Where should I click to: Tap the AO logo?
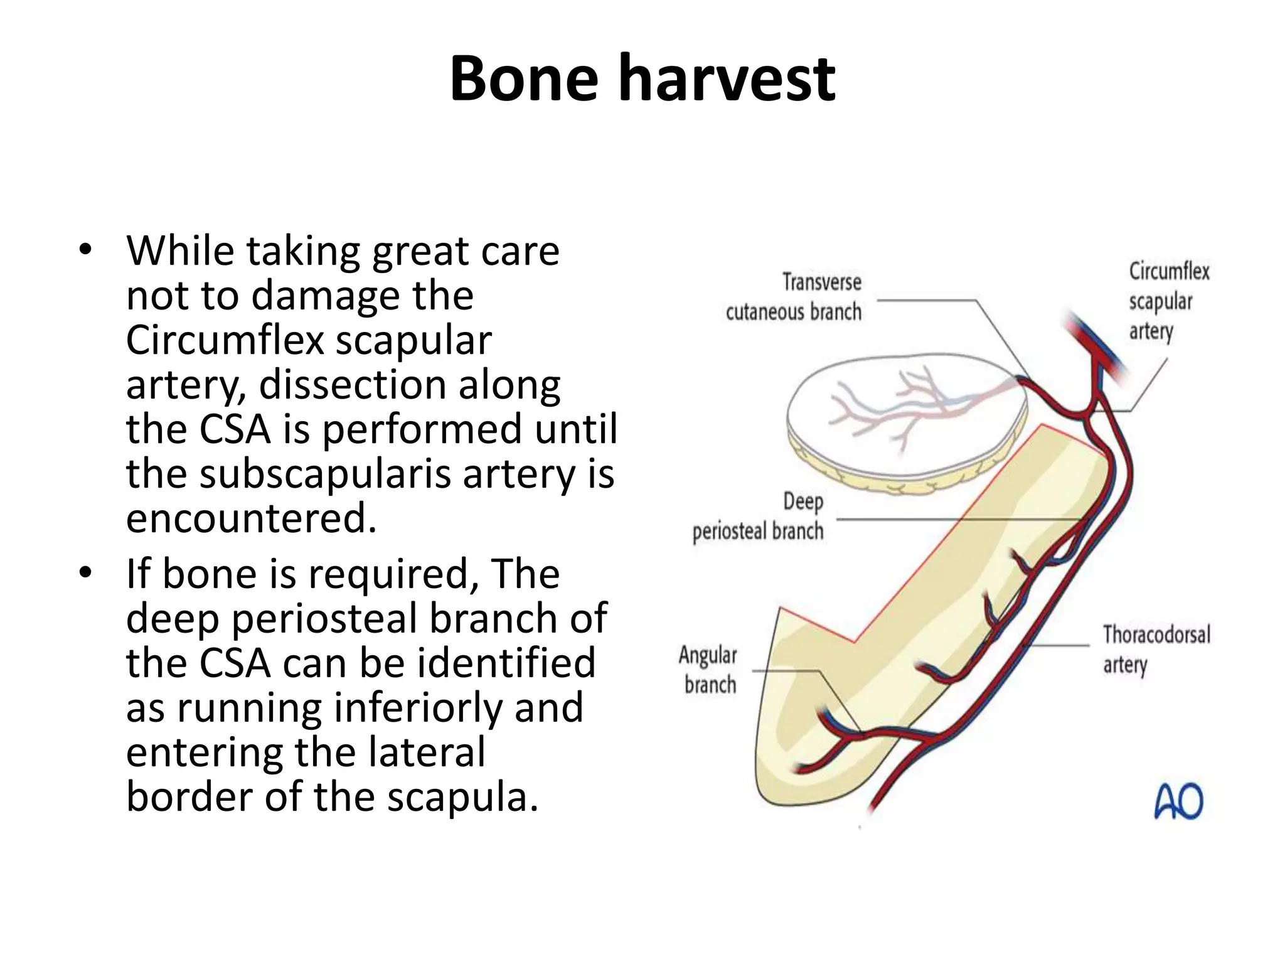click(x=1178, y=801)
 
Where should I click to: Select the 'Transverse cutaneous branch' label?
click(x=794, y=297)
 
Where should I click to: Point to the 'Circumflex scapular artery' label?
click(x=1168, y=301)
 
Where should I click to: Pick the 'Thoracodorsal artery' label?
click(x=1156, y=649)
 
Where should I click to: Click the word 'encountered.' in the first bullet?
click(x=251, y=518)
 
